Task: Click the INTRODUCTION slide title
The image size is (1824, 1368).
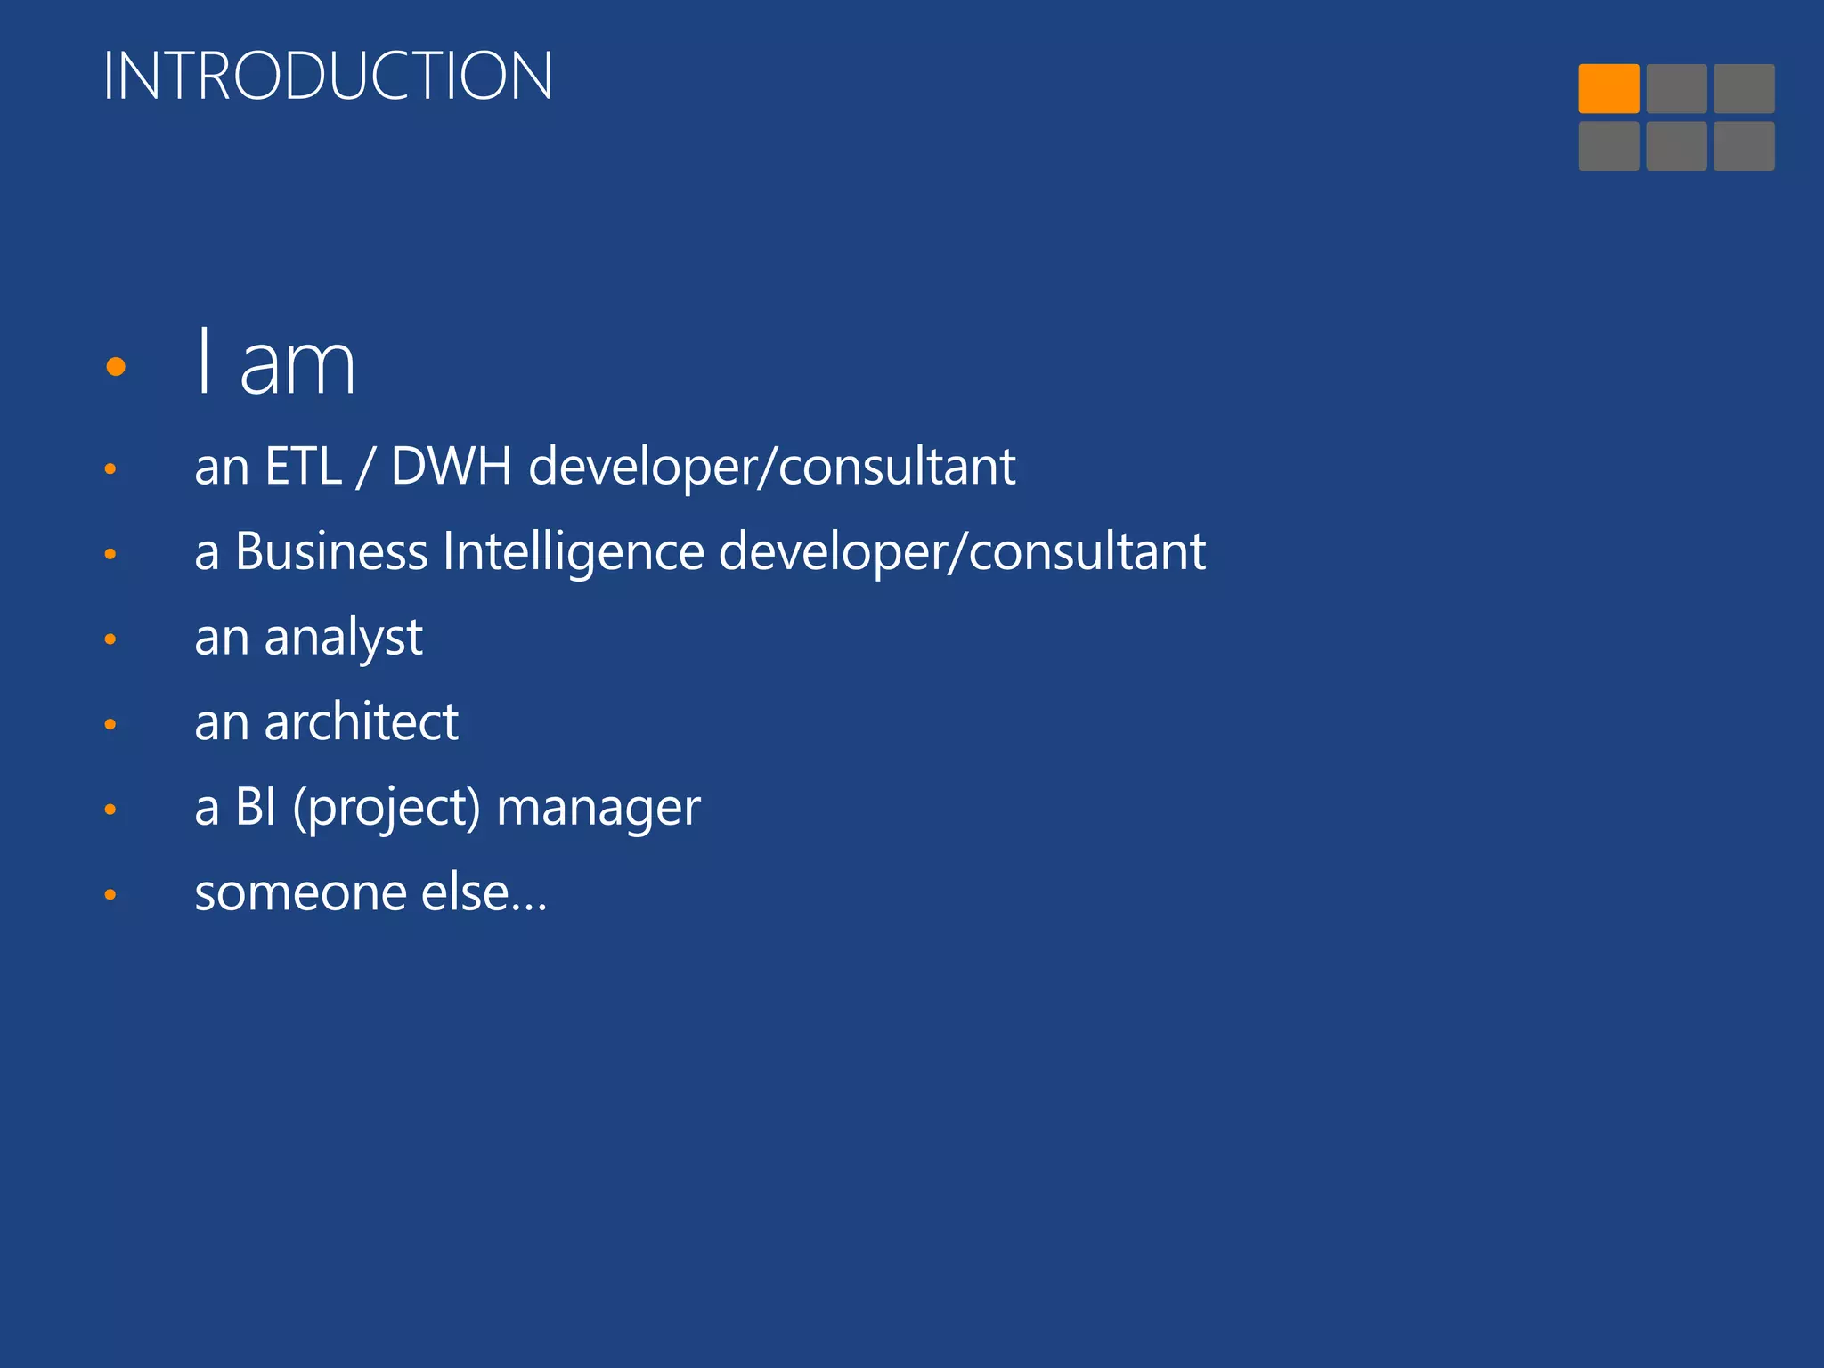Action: (328, 76)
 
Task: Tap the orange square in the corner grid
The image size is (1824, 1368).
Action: (1608, 88)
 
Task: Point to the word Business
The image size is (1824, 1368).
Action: (331, 551)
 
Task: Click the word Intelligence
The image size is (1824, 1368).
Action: (574, 551)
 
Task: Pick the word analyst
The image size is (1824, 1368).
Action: (343, 638)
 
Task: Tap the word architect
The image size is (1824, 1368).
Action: (361, 721)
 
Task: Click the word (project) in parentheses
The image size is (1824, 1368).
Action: (387, 808)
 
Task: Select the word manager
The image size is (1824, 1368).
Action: (598, 808)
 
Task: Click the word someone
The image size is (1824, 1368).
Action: (300, 892)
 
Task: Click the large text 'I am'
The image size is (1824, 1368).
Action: (275, 363)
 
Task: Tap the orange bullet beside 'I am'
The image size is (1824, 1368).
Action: (116, 366)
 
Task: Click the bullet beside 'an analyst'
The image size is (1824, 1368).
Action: (110, 639)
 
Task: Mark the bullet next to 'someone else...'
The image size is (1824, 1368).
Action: (110, 894)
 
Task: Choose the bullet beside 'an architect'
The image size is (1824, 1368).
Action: (110, 724)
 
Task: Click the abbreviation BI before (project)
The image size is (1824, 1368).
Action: (256, 808)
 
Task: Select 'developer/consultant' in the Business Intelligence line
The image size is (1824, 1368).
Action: (962, 551)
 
